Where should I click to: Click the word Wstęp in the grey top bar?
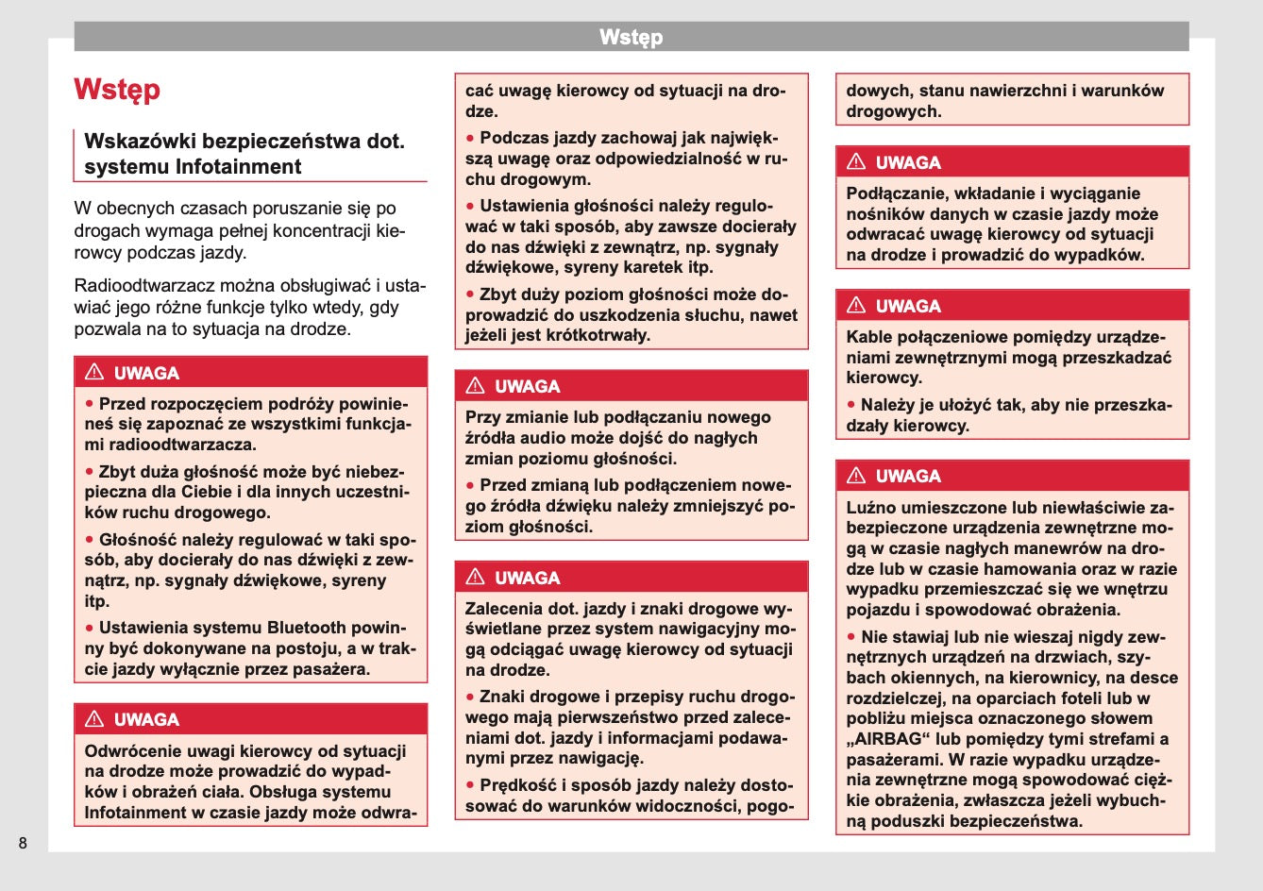point(631,38)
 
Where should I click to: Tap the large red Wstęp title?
point(117,90)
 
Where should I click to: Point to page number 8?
point(23,843)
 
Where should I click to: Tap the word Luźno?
point(870,507)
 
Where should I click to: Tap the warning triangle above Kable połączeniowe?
point(856,305)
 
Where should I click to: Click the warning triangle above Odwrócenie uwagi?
point(94,719)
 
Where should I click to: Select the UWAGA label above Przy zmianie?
point(528,386)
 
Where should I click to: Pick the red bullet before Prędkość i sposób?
point(470,785)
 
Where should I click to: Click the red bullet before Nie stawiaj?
point(851,637)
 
